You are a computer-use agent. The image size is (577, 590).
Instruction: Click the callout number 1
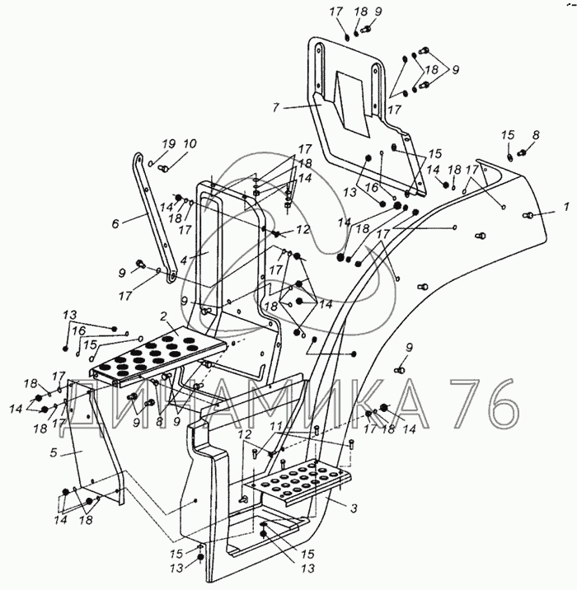(x=566, y=207)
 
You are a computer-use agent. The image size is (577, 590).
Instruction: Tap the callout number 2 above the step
(x=163, y=316)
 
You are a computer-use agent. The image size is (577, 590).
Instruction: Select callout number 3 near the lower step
(x=353, y=508)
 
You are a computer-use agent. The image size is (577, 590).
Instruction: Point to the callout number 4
(x=184, y=260)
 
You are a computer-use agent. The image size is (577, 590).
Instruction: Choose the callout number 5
(x=54, y=452)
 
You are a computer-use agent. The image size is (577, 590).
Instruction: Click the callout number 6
(x=115, y=223)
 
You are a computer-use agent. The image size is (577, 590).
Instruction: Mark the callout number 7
(x=275, y=108)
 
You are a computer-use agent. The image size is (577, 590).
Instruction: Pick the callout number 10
(x=190, y=143)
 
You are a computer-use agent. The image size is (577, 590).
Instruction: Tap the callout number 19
(x=169, y=143)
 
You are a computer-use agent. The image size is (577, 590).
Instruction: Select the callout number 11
(x=277, y=426)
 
